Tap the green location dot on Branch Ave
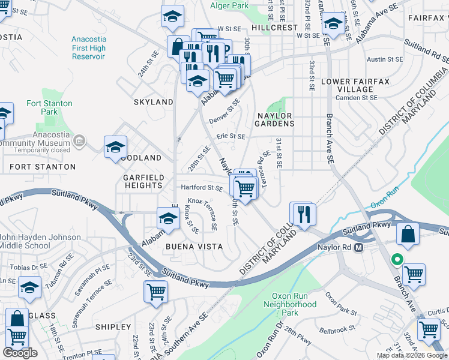click(x=396, y=260)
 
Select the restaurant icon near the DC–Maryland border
click(x=303, y=214)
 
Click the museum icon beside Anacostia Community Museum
click(x=79, y=142)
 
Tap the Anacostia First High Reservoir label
click(x=88, y=47)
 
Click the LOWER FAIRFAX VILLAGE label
click(x=355, y=85)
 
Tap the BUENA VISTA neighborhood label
click(x=194, y=247)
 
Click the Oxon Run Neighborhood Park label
click(x=290, y=304)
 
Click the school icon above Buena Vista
click(x=169, y=218)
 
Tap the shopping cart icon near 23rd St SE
click(x=156, y=292)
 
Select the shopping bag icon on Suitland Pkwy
click(x=408, y=235)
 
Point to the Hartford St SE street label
click(x=202, y=188)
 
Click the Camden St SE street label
click(x=357, y=97)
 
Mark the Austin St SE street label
click(x=384, y=59)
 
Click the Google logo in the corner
click(x=20, y=353)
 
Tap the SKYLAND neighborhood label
click(x=154, y=102)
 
